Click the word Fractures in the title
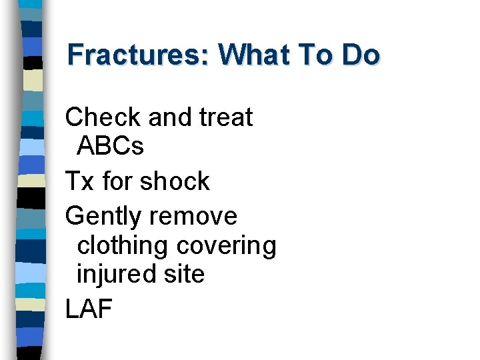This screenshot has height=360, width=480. [x=136, y=55]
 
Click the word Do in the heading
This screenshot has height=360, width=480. [x=361, y=55]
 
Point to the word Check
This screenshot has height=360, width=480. [x=103, y=118]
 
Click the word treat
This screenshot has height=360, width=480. [x=226, y=118]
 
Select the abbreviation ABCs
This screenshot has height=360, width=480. [x=111, y=146]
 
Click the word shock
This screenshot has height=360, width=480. [x=175, y=181]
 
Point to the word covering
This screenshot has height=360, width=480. [x=226, y=246]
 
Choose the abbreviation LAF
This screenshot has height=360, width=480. [x=89, y=309]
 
